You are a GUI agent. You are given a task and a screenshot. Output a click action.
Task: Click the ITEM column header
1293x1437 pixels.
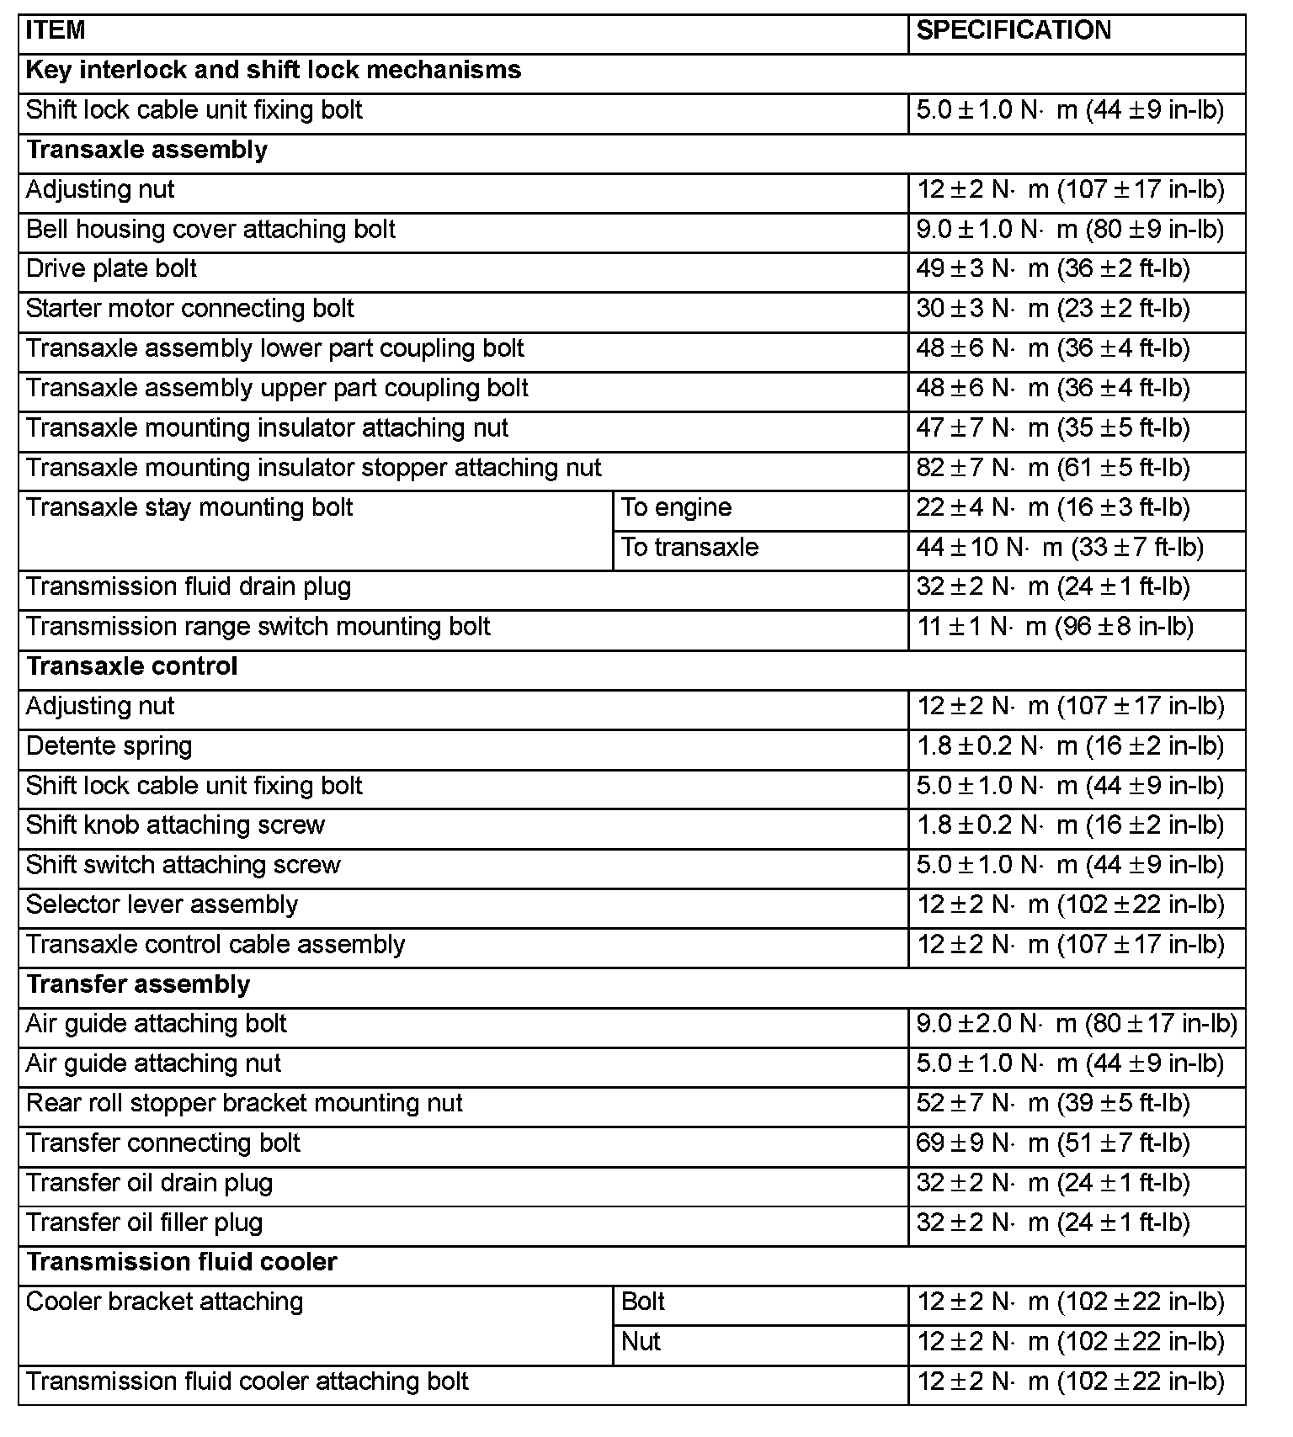coord(56,31)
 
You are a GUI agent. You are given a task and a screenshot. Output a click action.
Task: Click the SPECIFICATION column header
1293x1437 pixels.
coord(1014,31)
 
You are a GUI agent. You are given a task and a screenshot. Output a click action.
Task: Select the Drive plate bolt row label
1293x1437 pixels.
coord(111,269)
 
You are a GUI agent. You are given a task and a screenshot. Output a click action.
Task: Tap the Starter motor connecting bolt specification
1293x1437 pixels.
coord(1053,309)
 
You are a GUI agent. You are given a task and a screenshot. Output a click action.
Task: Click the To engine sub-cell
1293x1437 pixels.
coord(677,507)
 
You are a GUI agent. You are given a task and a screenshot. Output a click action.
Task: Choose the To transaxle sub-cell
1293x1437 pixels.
coord(689,548)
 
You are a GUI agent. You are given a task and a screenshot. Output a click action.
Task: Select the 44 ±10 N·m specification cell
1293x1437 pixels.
coord(1060,548)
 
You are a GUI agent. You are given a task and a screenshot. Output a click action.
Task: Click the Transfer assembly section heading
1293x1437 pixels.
coord(138,984)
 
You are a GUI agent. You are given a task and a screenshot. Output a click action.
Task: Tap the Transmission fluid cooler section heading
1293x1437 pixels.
coord(182,1262)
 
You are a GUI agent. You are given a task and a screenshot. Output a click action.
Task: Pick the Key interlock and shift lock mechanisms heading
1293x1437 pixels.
coord(274,70)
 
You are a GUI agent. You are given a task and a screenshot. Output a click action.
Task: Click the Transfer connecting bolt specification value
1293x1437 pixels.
coord(1053,1143)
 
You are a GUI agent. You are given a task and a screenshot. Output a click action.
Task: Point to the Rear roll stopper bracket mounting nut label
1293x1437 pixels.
coord(244,1103)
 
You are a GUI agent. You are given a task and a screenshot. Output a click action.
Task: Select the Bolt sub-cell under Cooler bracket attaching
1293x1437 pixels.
coord(643,1302)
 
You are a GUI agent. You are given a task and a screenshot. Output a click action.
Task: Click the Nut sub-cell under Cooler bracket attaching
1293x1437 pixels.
coord(641,1342)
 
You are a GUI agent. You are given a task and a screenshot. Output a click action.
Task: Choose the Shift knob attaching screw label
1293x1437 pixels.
coord(175,825)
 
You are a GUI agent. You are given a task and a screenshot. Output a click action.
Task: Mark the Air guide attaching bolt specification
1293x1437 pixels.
coord(1077,1024)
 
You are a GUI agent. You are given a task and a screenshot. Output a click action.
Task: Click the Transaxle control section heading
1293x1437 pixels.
coord(132,666)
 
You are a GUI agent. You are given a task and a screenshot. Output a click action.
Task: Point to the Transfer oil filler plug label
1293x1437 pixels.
coord(145,1222)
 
